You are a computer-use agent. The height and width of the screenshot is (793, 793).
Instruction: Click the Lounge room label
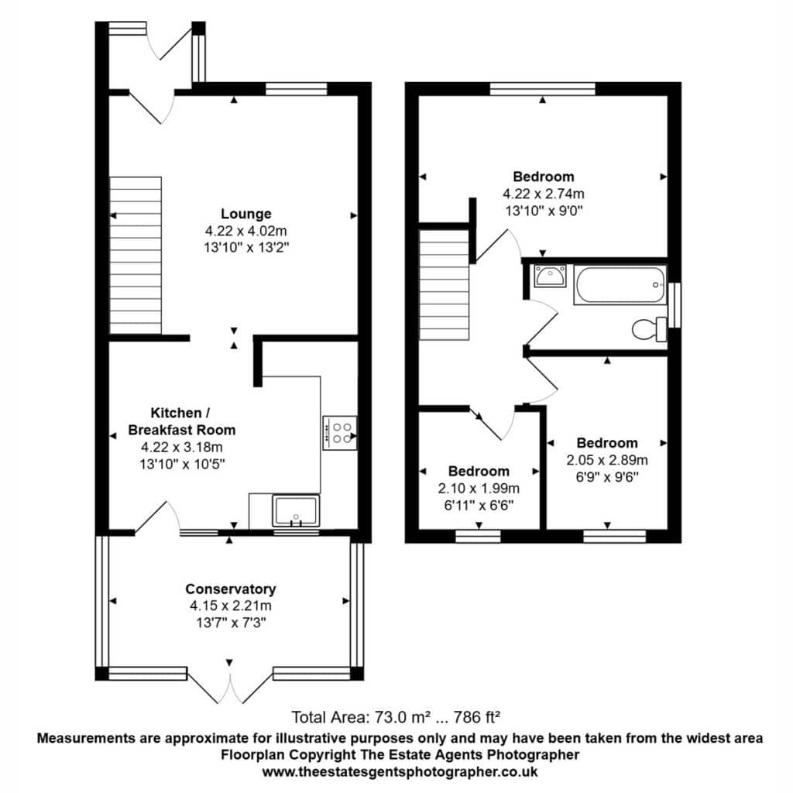[245, 214]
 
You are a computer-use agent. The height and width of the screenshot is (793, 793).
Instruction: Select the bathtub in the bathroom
[620, 285]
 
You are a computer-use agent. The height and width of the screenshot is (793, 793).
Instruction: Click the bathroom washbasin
[550, 276]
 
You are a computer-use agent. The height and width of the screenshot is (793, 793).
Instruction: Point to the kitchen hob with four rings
[340, 433]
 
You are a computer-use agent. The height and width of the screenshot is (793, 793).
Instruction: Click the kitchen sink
[296, 510]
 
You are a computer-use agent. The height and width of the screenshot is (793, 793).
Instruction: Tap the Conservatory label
[231, 589]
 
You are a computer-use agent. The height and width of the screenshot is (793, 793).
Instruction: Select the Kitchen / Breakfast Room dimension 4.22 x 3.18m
[181, 447]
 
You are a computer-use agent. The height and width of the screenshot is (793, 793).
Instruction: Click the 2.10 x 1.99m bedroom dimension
[479, 488]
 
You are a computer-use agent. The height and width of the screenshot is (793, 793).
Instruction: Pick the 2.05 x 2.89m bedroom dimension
[607, 460]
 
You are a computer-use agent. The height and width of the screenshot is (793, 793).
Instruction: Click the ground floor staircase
[136, 256]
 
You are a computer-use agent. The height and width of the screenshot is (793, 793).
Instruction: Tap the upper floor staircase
[445, 285]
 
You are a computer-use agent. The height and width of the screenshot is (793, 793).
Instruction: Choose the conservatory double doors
[230, 686]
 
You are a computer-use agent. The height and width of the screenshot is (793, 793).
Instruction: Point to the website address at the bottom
[400, 772]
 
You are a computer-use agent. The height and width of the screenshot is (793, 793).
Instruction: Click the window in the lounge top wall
[297, 89]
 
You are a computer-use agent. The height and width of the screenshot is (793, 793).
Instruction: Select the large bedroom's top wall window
[543, 89]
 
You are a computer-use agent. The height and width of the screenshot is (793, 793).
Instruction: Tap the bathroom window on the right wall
[675, 305]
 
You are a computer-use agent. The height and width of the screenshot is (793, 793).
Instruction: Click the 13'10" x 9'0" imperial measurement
[544, 211]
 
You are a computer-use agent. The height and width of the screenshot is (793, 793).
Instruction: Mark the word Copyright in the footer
[326, 754]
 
